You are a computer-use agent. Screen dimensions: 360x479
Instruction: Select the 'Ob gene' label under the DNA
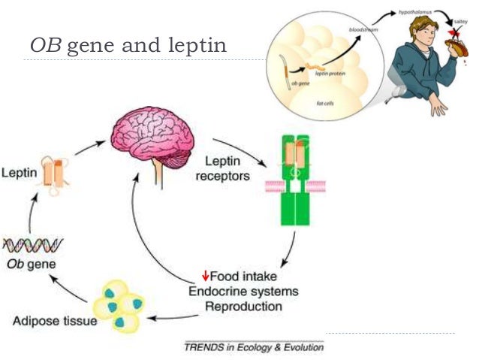[29, 265]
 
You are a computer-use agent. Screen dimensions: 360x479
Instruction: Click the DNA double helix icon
[32, 244]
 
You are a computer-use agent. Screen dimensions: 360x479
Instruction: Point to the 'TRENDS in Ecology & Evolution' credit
[255, 349]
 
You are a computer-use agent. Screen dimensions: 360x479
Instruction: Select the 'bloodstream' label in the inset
[364, 29]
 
